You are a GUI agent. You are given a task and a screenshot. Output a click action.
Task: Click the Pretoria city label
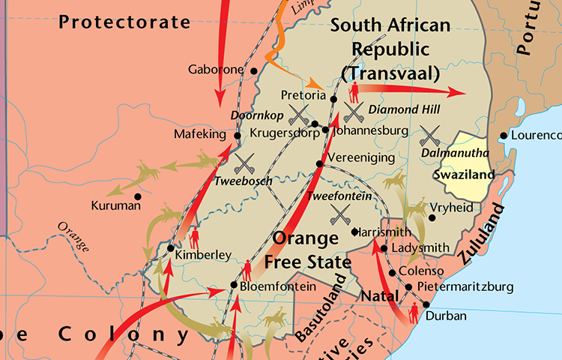303,95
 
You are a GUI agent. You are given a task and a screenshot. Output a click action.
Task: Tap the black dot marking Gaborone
254,71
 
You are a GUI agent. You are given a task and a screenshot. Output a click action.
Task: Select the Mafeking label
199,134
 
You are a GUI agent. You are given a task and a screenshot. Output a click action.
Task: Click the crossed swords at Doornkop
300,115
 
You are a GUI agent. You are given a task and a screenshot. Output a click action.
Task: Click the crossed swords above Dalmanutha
430,136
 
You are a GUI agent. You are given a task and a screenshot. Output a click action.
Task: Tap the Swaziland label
465,175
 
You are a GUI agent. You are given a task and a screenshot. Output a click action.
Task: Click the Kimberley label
203,255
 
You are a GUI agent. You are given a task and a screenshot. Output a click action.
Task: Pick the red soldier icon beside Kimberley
195,238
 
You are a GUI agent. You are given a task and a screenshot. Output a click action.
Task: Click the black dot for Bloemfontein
234,286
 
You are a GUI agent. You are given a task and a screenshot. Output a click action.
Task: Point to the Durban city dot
426,304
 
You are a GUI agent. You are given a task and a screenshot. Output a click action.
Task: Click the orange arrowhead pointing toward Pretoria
319,87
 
